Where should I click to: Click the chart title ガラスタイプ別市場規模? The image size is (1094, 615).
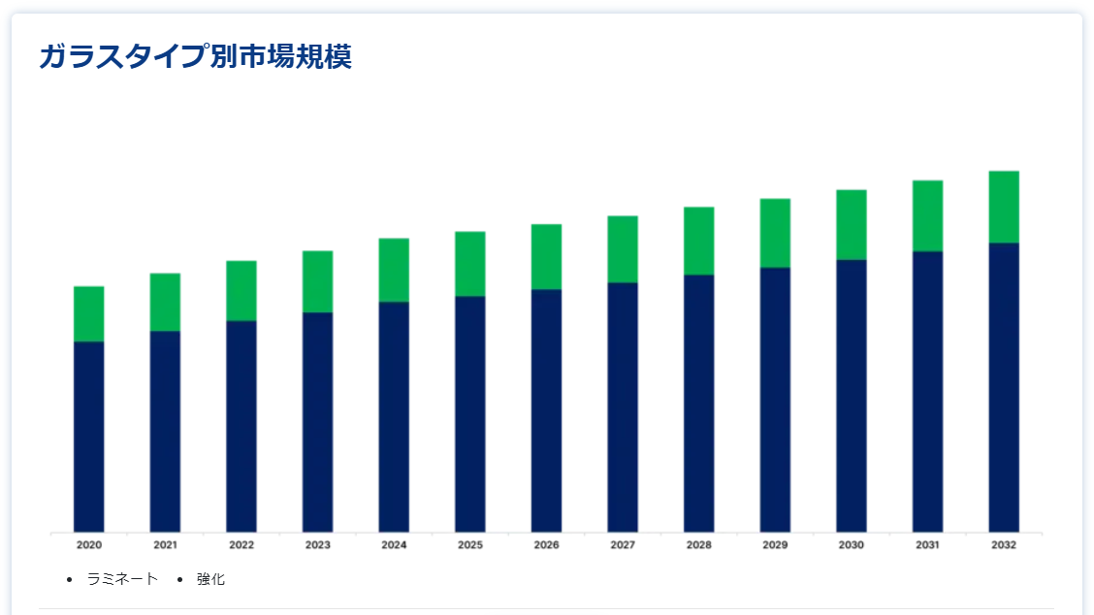coord(195,56)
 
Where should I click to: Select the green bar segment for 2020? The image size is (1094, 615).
coord(88,314)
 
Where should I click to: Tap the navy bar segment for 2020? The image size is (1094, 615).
coord(88,437)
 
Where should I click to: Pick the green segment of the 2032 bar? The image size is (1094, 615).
coord(1004,208)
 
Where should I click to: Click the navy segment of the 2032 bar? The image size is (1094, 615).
coord(1004,388)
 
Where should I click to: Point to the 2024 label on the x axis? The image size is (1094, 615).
coord(394,545)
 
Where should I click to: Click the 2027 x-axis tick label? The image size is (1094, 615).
coord(623,545)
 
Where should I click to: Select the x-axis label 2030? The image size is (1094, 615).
coord(852,545)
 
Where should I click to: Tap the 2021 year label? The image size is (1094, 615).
coord(165,545)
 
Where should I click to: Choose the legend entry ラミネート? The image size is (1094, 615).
coord(122,579)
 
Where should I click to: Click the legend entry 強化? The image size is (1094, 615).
coord(210,579)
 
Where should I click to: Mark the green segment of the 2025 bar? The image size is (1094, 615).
coord(470,264)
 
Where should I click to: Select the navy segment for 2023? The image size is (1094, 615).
coord(317,422)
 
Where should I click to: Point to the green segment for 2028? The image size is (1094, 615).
coord(699,242)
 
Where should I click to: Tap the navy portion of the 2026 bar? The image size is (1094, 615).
coord(546,411)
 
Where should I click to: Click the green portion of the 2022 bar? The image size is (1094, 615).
coord(241,291)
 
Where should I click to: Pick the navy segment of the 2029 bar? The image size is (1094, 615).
coord(775,400)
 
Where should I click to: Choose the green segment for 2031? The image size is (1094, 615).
coord(928,216)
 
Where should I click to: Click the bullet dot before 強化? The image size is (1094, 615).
coord(180,579)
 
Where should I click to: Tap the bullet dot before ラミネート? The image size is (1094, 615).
coord(69,579)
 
